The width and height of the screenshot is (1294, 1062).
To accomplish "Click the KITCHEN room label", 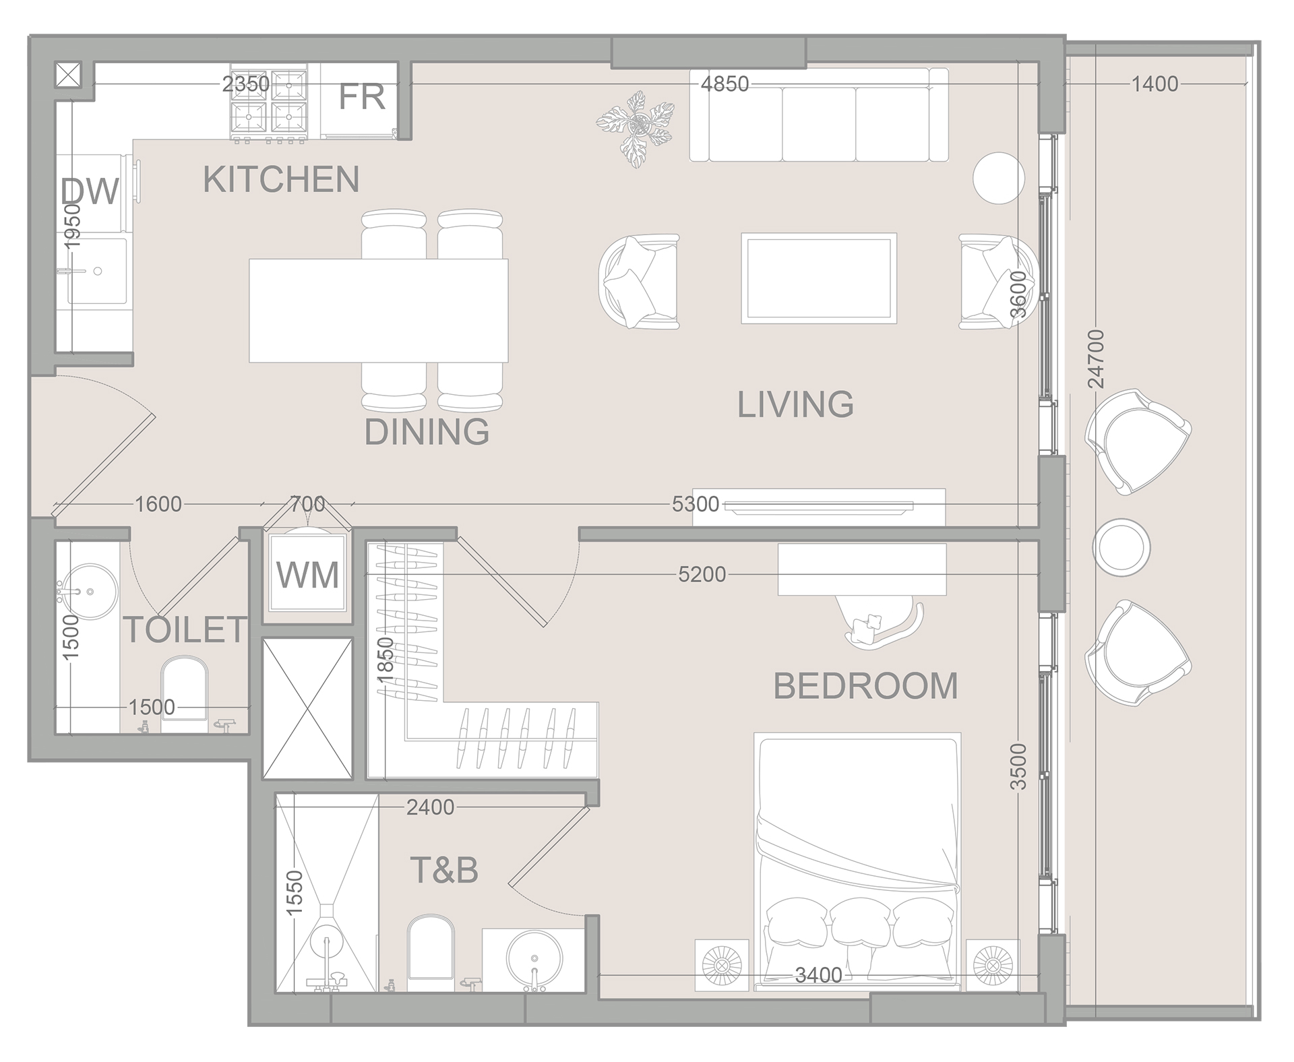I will [281, 179].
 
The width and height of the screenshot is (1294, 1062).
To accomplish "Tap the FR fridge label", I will [361, 97].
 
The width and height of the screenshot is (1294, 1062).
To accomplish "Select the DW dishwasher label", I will [90, 191].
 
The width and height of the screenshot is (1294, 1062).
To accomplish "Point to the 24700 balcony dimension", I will [1097, 358].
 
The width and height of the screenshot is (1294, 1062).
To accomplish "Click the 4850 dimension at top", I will [725, 84].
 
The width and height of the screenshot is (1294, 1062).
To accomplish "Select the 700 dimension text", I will [307, 503].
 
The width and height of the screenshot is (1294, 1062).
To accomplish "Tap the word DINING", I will [427, 432].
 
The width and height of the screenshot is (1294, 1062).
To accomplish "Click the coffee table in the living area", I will [818, 278].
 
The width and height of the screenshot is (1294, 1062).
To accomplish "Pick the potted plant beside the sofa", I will [636, 127].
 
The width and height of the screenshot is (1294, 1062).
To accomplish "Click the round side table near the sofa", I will [999, 178].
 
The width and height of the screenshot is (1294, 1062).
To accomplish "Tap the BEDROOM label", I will [865, 686].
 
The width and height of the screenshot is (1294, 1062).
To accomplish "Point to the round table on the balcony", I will [1121, 547].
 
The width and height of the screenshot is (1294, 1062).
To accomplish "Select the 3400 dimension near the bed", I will [818, 975].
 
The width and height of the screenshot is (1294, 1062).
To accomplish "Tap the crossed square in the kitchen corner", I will [69, 75].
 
